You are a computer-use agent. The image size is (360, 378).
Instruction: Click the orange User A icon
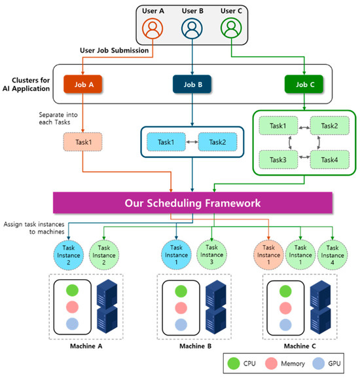point(153,29)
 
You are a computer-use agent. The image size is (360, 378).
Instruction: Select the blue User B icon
point(192,29)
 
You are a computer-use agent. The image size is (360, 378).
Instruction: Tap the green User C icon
point(230,29)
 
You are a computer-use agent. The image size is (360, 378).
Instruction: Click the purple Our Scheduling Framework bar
point(193,202)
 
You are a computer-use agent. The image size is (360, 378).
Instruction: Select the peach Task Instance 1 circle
point(269,253)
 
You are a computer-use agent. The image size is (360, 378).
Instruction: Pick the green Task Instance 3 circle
point(212,253)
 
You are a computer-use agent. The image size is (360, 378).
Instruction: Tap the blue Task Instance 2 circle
point(68,253)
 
